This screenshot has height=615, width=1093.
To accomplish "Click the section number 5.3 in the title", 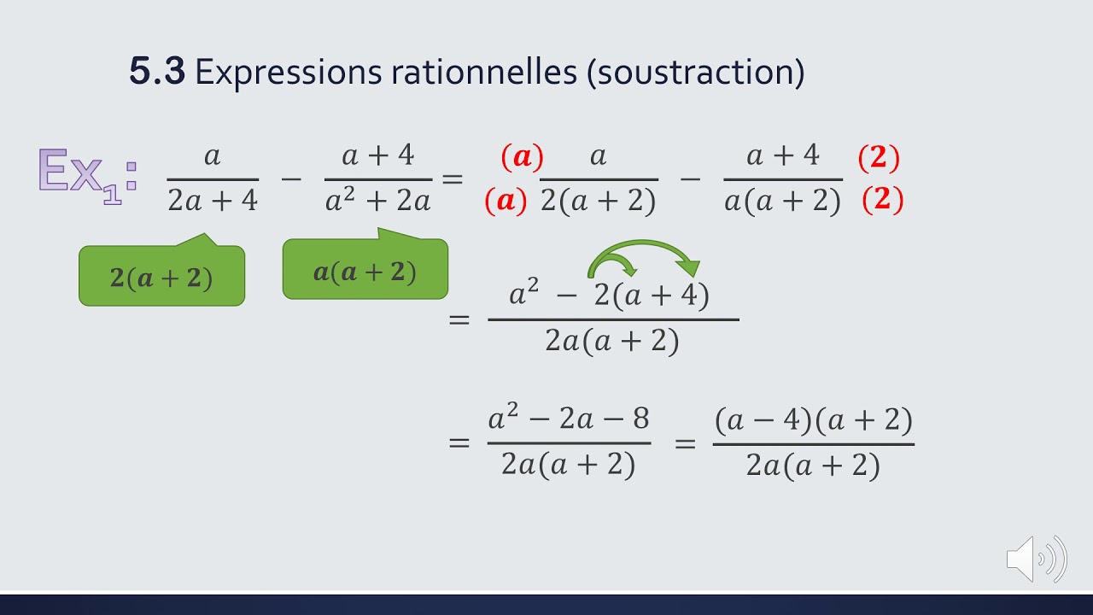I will click(156, 71).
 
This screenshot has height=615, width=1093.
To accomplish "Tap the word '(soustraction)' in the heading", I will click(695, 73).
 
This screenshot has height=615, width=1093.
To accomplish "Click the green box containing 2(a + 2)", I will click(161, 276).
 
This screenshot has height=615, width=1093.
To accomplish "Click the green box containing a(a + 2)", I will click(365, 271).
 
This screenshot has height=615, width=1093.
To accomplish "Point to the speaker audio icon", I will click(1036, 559).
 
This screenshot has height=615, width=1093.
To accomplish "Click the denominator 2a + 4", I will click(213, 201).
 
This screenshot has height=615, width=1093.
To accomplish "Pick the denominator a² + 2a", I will click(377, 202).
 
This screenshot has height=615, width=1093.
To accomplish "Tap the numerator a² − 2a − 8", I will click(569, 419).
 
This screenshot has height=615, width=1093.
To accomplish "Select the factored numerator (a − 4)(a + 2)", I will click(813, 419).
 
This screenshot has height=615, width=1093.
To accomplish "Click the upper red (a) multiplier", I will click(522, 156).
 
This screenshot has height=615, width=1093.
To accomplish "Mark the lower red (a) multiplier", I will click(506, 201).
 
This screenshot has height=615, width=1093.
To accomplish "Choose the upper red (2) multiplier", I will click(879, 157).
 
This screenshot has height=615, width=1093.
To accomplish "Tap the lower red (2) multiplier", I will click(883, 200).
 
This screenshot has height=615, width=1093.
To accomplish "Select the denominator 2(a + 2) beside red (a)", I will click(598, 202).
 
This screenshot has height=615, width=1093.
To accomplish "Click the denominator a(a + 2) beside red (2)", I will click(782, 202).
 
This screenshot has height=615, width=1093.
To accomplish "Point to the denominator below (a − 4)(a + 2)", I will click(813, 466).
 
